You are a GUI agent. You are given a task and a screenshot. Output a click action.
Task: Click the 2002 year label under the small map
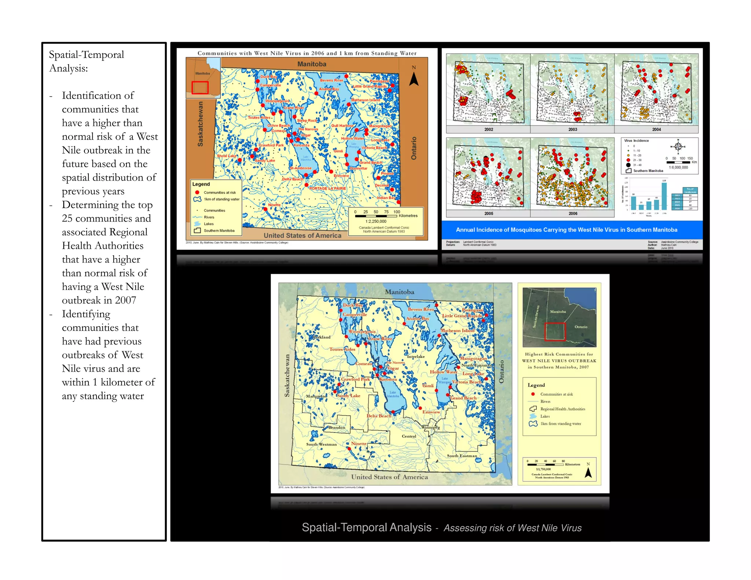tap(488, 129)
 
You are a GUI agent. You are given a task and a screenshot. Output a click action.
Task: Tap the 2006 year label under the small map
tap(573, 213)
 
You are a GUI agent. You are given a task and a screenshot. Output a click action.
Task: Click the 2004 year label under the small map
tap(656, 129)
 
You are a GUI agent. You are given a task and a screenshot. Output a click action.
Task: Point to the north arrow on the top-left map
tap(414, 77)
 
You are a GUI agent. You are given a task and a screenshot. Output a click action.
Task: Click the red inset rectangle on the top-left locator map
tap(200, 88)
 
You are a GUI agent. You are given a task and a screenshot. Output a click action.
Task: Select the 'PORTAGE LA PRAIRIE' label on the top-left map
tap(327, 188)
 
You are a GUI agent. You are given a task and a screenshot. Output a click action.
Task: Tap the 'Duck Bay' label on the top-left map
tap(268, 77)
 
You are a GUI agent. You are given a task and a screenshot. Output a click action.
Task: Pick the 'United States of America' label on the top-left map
tap(302, 235)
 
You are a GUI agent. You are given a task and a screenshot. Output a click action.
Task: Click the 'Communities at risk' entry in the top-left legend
tap(219, 192)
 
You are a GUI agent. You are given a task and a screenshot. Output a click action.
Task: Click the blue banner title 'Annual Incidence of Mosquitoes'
tap(566, 230)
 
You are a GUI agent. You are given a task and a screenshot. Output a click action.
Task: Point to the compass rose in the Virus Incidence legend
tap(678, 147)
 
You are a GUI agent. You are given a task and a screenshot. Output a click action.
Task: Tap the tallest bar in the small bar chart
tap(664, 196)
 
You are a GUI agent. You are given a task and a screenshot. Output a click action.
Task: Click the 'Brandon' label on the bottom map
tap(337, 427)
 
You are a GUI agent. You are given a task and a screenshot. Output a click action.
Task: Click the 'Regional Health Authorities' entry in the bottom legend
tap(562, 409)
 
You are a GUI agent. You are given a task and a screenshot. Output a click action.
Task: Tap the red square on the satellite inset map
tap(555, 332)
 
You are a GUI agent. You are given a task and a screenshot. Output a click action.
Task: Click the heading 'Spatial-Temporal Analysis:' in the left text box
tap(87, 61)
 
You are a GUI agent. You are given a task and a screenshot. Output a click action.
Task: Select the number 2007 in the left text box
tap(125, 300)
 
